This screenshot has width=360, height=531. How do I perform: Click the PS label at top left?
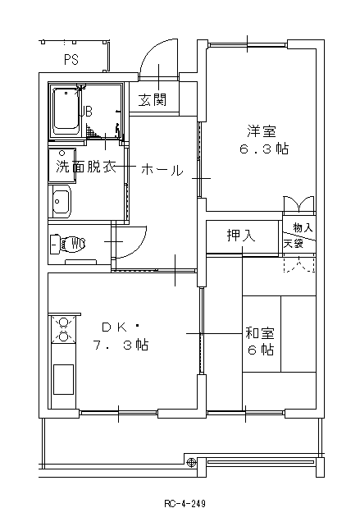click(71, 60)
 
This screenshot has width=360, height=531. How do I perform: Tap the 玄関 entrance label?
click(153, 99)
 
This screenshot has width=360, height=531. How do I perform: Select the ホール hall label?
click(162, 170)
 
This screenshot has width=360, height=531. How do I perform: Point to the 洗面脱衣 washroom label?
click(86, 167)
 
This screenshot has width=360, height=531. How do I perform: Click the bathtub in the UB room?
click(66, 113)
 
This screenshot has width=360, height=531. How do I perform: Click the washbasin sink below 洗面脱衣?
click(62, 202)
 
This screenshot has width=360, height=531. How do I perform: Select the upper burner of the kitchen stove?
click(63, 323)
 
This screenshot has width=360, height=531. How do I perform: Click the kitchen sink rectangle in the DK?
click(63, 379)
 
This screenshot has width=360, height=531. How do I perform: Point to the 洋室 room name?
click(262, 131)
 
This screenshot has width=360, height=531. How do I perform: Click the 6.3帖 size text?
click(264, 149)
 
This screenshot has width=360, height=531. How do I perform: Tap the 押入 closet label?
click(241, 236)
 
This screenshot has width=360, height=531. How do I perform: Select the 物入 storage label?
click(303, 227)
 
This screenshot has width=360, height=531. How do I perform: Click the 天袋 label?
click(294, 243)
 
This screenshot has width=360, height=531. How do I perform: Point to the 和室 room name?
click(260, 333)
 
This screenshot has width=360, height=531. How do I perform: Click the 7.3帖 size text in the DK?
click(121, 346)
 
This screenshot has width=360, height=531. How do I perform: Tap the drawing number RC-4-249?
click(185, 504)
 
